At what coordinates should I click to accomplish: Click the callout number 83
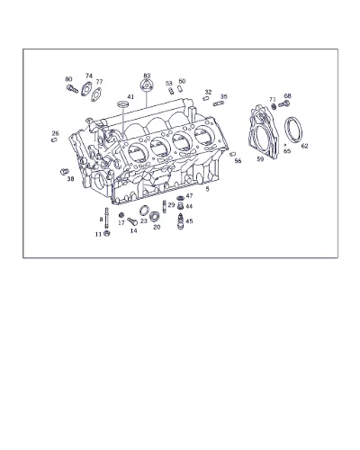pos(147,76)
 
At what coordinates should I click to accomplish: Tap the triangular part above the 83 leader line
pos(146,85)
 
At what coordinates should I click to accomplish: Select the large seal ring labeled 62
pos(293,130)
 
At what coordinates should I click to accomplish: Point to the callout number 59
pos(260,159)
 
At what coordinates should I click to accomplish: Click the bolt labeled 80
pos(72,89)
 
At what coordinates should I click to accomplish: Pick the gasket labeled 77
pos(96,94)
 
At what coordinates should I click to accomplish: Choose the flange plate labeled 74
pos(86,89)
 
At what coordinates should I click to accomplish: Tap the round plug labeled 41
pos(122,104)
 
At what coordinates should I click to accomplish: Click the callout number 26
pos(56,133)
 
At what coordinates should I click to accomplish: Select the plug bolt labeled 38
pos(64,172)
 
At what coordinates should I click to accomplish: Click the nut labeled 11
pos(106,233)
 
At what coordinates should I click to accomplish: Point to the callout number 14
pos(134,230)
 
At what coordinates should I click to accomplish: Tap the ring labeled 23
pos(144,211)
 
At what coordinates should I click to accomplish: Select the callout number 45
pos(189,221)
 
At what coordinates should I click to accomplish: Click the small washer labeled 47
pos(180,198)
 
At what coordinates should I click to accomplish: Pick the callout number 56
pos(238,161)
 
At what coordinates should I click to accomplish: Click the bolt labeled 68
pos(283,104)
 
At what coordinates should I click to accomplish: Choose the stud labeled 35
pos(219,103)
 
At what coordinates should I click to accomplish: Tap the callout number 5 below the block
pos(207,189)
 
